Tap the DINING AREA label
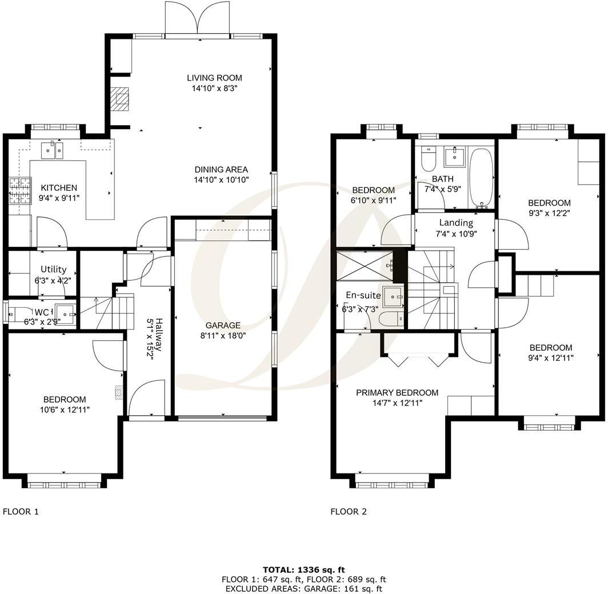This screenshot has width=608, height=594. coord(221,170)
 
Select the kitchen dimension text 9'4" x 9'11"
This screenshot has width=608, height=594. coord(58,198)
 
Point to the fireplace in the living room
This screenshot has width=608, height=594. coord(121,98)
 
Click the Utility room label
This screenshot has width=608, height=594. coord(53,269)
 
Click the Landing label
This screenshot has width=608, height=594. coord(455,223)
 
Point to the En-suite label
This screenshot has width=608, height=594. coord(363,295)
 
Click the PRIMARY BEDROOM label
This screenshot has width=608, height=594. coord(397,392)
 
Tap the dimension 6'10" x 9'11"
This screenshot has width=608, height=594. coord(373,200)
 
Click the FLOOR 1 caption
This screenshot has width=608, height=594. coord(21,512)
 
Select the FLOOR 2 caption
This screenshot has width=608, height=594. coord(349,512)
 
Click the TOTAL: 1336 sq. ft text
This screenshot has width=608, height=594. coord(303,569)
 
